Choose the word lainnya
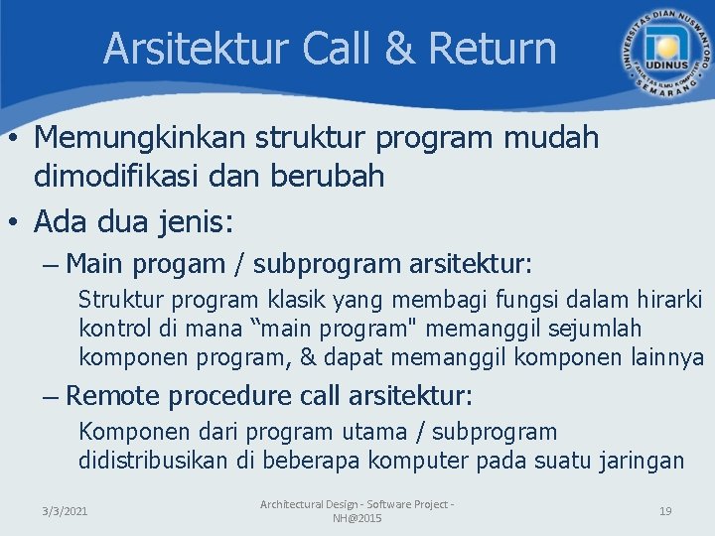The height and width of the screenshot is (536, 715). [667, 356]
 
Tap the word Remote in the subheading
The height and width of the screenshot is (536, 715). [112, 396]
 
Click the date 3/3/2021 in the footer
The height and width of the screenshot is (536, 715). [65, 511]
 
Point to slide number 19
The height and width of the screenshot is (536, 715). [665, 511]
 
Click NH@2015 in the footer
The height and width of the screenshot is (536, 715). [357, 519]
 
